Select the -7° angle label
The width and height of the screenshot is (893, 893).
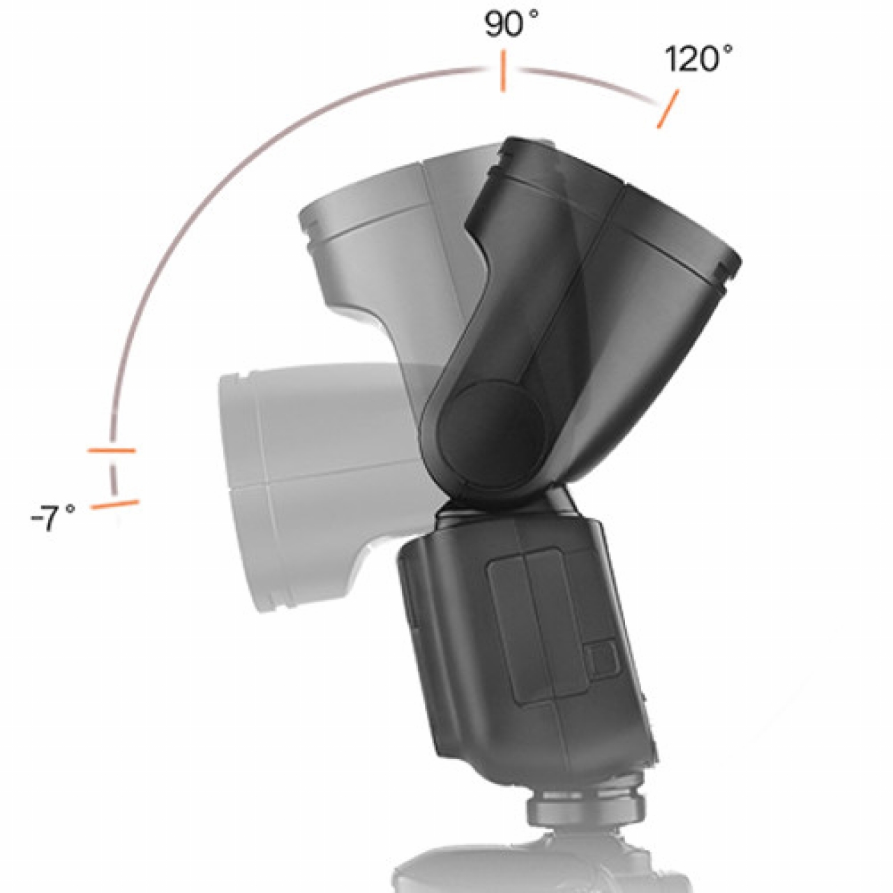(53, 518)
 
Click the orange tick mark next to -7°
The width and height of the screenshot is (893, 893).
(115, 504)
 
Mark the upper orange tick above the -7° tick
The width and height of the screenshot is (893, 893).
(112, 451)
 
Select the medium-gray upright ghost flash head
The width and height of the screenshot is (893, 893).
(370, 230)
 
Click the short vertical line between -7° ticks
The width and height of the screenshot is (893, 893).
(112, 479)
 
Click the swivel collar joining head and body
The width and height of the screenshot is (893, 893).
(506, 506)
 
